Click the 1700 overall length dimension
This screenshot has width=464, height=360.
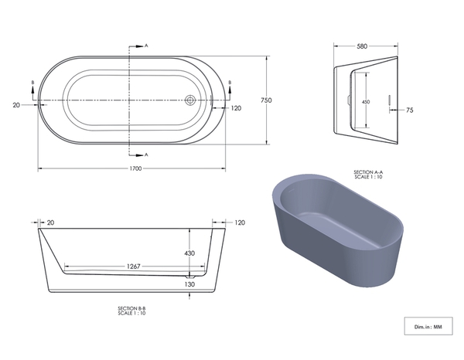pyautogui.click(x=136, y=168)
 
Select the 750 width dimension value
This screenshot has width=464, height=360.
pyautogui.click(x=266, y=100)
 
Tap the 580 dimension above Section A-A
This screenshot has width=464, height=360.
pyautogui.click(x=362, y=46)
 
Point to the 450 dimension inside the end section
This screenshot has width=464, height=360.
pyautogui.click(x=366, y=102)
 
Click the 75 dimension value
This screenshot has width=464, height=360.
pyautogui.click(x=410, y=110)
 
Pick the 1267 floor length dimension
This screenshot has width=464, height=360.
pyautogui.click(x=134, y=267)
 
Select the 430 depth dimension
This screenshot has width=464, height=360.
pyautogui.click(x=189, y=253)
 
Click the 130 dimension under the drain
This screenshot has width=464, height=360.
pyautogui.click(x=189, y=284)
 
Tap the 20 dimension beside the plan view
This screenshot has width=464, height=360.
pyautogui.click(x=16, y=105)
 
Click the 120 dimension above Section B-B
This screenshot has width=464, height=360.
pyautogui.click(x=240, y=222)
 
